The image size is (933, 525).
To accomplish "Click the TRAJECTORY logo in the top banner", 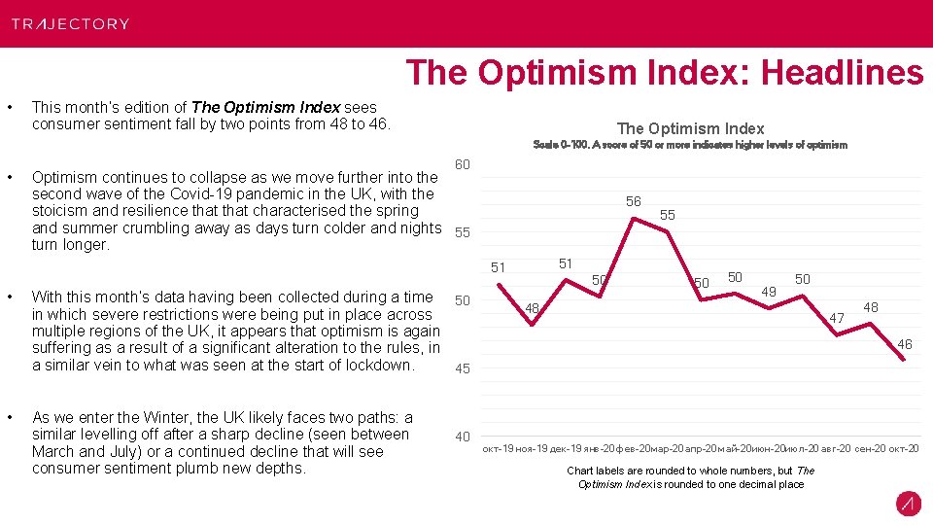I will pos(70,23).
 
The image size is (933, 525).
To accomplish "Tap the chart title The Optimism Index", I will pos(690,128).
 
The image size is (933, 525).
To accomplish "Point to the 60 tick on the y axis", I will pos(463,164).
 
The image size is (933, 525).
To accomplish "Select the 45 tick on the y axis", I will pos(463,368).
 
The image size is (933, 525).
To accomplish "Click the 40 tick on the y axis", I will pos(463,437).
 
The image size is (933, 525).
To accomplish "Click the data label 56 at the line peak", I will pos(633,201).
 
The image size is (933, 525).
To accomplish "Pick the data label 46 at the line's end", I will pos(904,344).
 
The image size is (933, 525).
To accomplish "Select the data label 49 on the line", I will pos(768,291).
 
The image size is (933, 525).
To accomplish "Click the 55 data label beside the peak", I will pos(668,214).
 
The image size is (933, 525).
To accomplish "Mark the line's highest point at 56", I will pos(634,219).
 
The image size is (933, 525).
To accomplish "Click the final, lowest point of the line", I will pos(904,360).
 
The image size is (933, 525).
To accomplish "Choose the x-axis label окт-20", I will pos(901,448).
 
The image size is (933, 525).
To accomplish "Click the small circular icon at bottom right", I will pos(908,504).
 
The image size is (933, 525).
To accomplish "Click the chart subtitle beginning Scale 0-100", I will pos(690,145).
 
